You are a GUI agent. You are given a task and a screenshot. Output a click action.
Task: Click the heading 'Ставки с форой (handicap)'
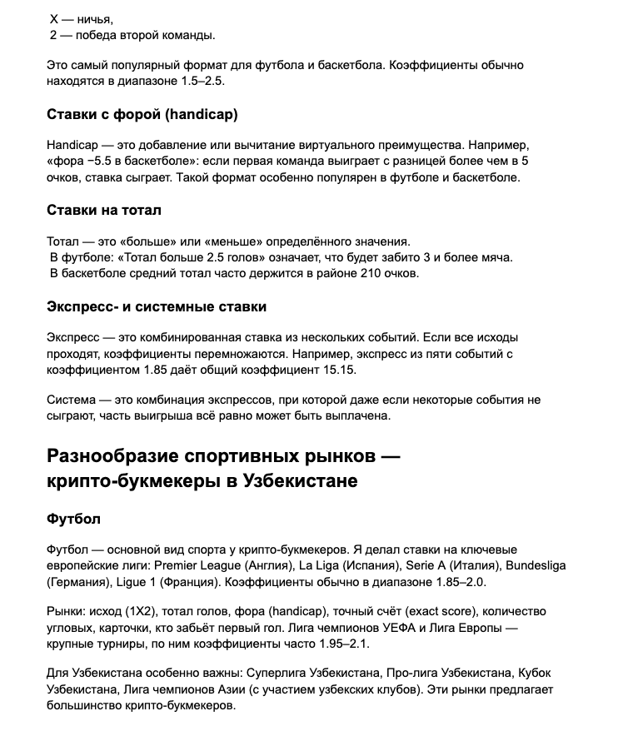(142, 114)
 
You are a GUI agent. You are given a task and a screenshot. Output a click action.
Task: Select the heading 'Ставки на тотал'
(104, 210)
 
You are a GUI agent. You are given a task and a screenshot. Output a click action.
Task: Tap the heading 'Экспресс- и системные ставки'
(157, 306)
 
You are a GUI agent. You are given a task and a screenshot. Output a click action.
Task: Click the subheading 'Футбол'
(73, 519)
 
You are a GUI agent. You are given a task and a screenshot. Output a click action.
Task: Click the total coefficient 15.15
(361, 369)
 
